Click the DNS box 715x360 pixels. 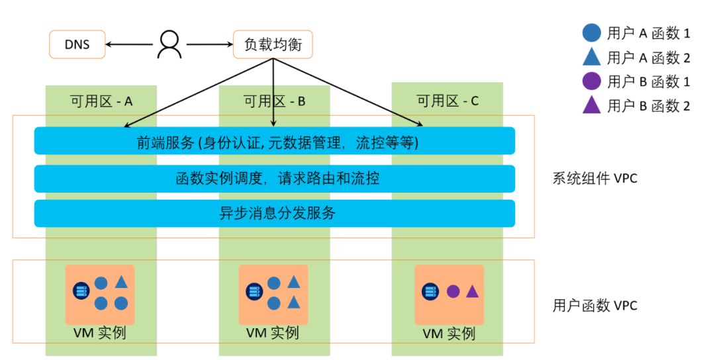pos(77,44)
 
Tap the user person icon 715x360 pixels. pos(169,44)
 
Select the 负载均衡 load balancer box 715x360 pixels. pos(273,44)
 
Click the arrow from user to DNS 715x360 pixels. pos(129,44)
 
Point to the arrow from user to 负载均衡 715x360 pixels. pos(210,44)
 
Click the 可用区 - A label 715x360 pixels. pos(101,101)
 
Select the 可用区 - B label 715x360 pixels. pos(274,101)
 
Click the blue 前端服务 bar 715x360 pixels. pos(275,141)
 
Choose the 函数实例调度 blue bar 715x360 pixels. pos(275,178)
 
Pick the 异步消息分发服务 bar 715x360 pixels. pos(275,213)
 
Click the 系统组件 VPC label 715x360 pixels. pos(595,178)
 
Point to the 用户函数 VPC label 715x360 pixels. pos(595,305)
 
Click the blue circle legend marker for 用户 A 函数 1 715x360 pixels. pos(591,33)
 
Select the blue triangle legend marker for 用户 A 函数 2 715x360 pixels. pos(591,56)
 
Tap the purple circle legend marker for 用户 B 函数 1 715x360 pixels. pos(591,81)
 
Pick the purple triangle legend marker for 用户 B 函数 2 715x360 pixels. pos(591,105)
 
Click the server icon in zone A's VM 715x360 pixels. pos(81,291)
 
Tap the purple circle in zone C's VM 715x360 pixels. pos(453,291)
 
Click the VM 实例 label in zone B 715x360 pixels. pos(273,333)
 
